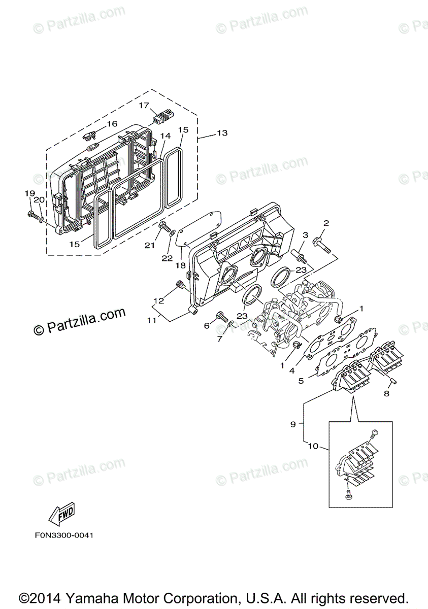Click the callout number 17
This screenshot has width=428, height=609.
tap(144, 106)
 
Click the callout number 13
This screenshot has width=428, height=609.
tap(222, 133)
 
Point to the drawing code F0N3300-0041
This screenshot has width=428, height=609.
tap(64, 535)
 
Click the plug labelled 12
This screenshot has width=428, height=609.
tap(179, 285)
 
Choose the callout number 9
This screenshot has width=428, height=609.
tap(292, 424)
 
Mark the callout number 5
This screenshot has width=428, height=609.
tap(302, 380)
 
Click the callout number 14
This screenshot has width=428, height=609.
tap(165, 137)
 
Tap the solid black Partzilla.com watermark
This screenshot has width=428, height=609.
tap(80, 322)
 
